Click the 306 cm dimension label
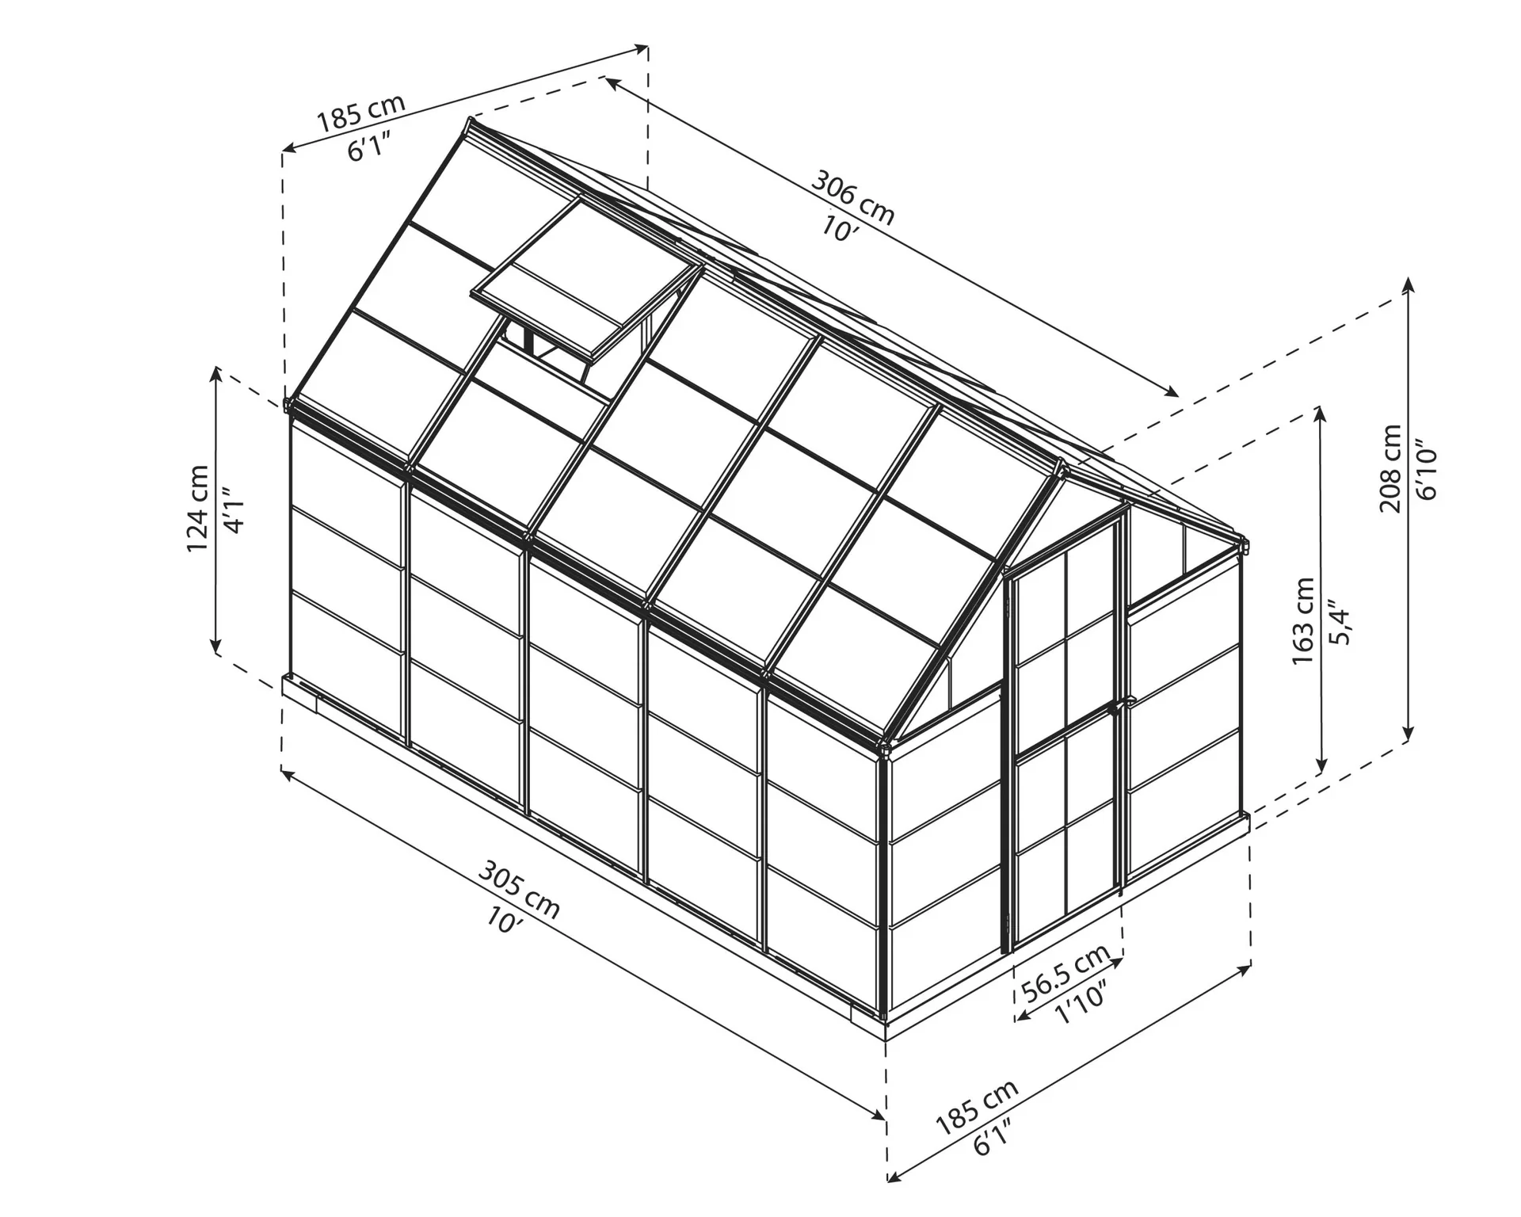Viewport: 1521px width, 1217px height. click(852, 198)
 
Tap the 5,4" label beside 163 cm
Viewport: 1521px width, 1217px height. click(1340, 622)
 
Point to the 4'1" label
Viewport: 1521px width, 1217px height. click(233, 509)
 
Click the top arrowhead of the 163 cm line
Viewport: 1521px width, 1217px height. click(1320, 412)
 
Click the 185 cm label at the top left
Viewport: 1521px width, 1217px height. click(361, 112)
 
